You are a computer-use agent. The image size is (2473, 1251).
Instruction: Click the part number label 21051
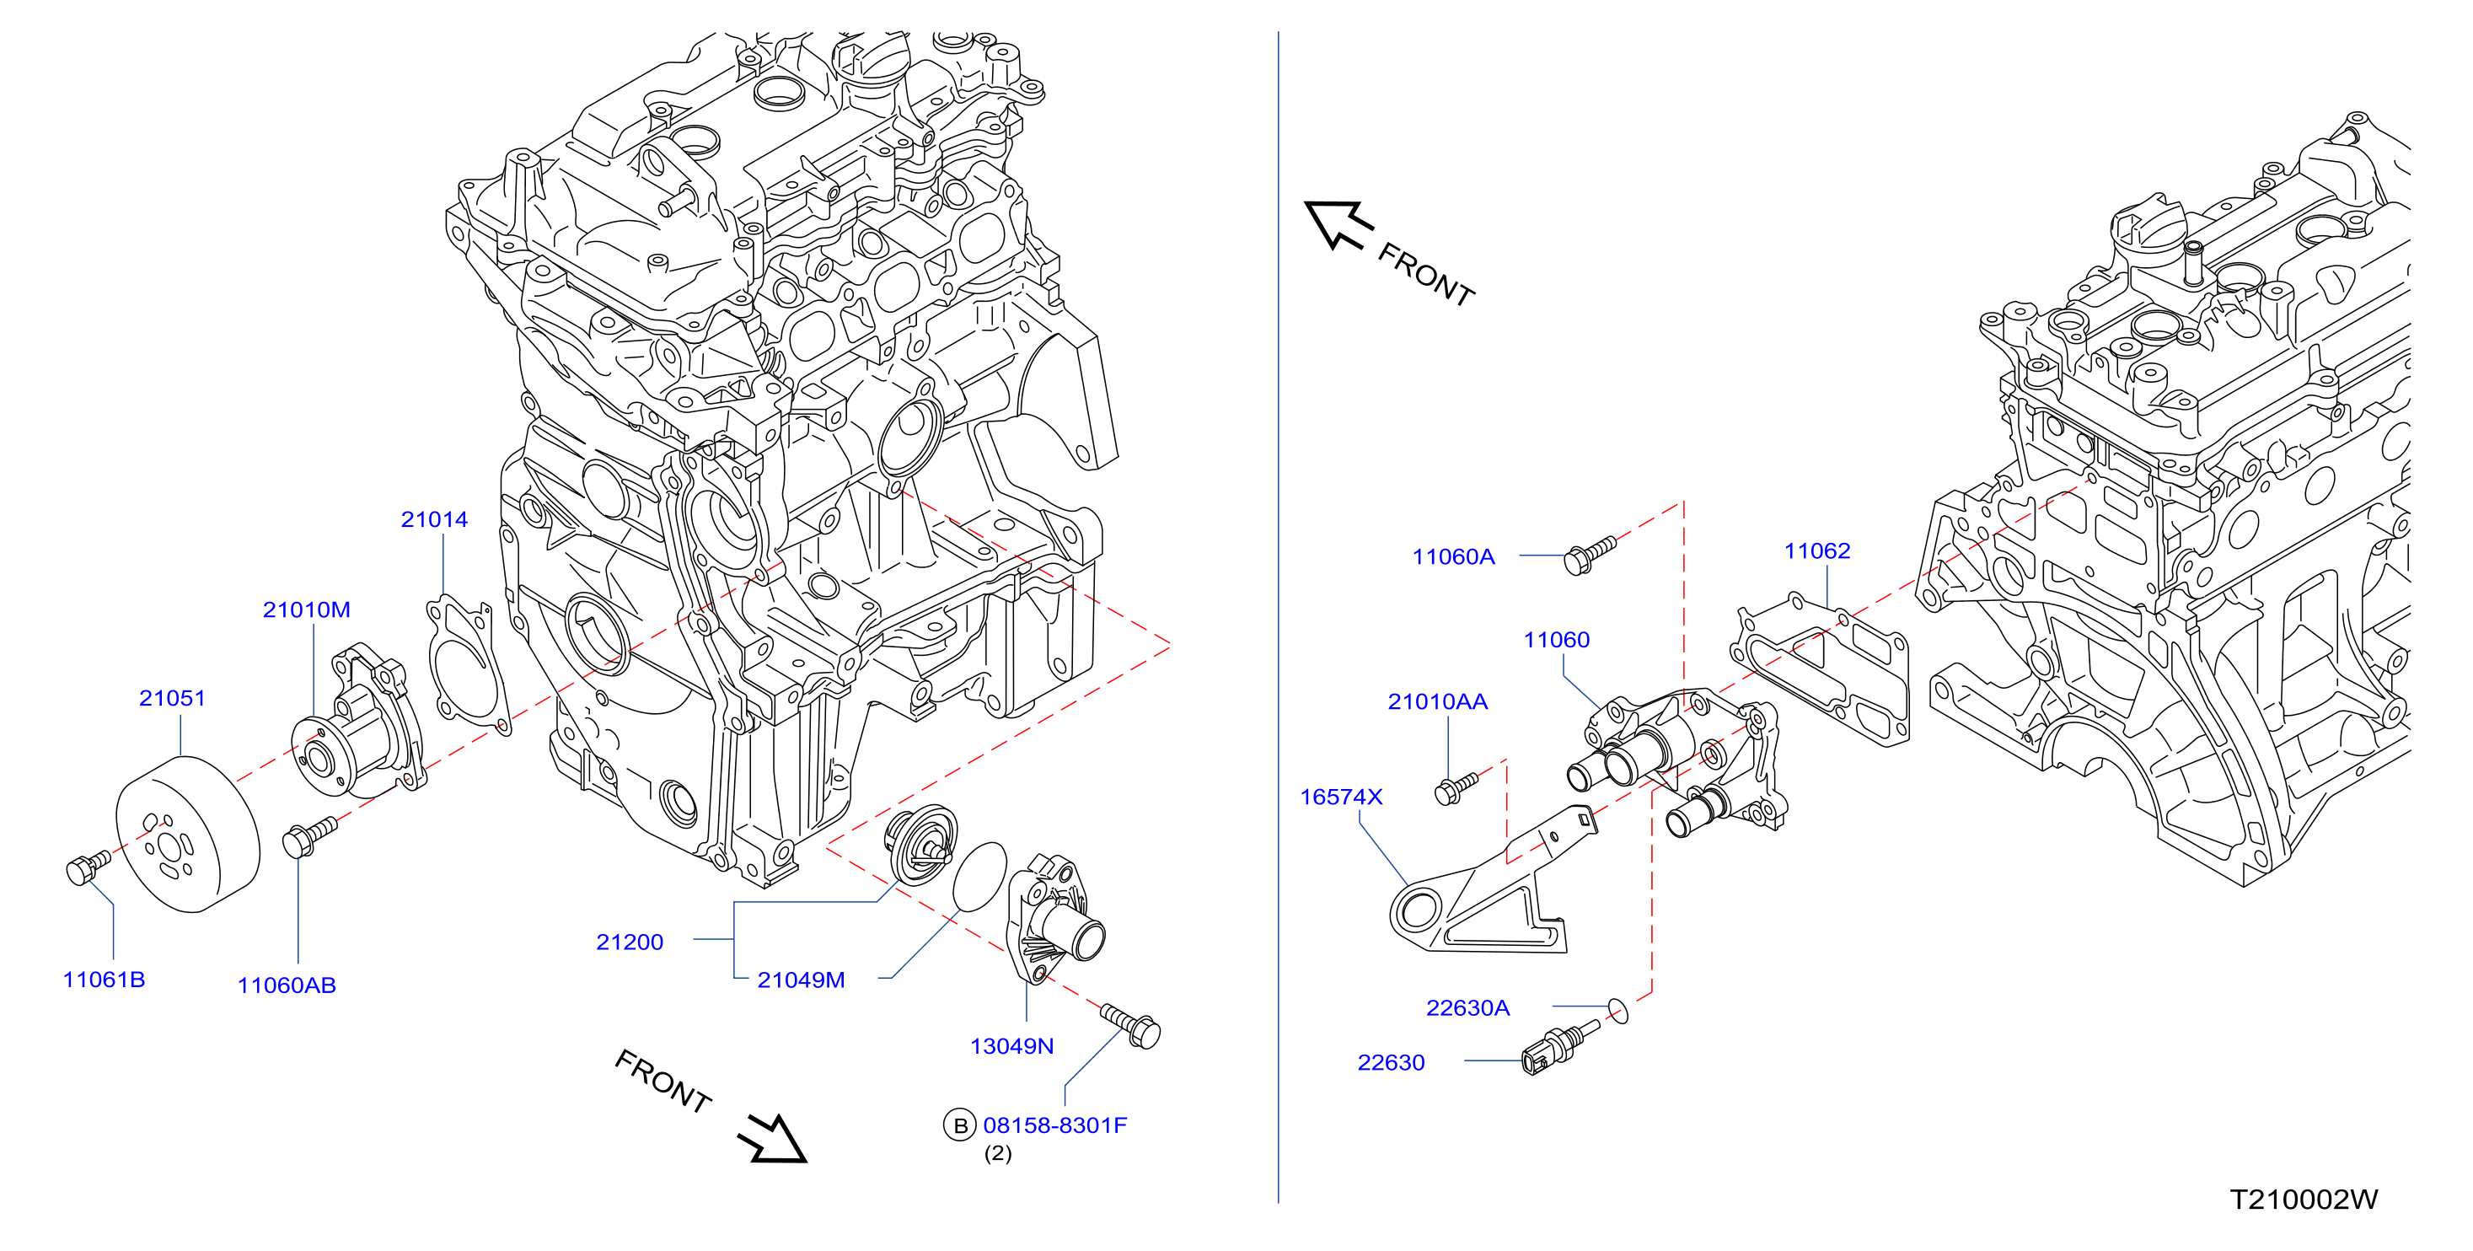pyautogui.click(x=173, y=698)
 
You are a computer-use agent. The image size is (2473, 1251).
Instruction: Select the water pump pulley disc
pyautogui.click(x=188, y=834)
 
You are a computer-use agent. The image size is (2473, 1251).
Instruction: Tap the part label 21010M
pyautogui.click(x=306, y=609)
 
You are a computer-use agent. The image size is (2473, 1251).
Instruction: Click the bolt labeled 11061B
pyautogui.click(x=89, y=866)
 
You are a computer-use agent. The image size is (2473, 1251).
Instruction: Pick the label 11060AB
pyautogui.click(x=287, y=985)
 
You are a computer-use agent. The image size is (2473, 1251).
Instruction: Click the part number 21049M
pyautogui.click(x=801, y=980)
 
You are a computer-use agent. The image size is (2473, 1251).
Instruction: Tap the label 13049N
pyautogui.click(x=1011, y=1046)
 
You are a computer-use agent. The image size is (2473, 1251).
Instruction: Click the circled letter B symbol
pyautogui.click(x=960, y=1125)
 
